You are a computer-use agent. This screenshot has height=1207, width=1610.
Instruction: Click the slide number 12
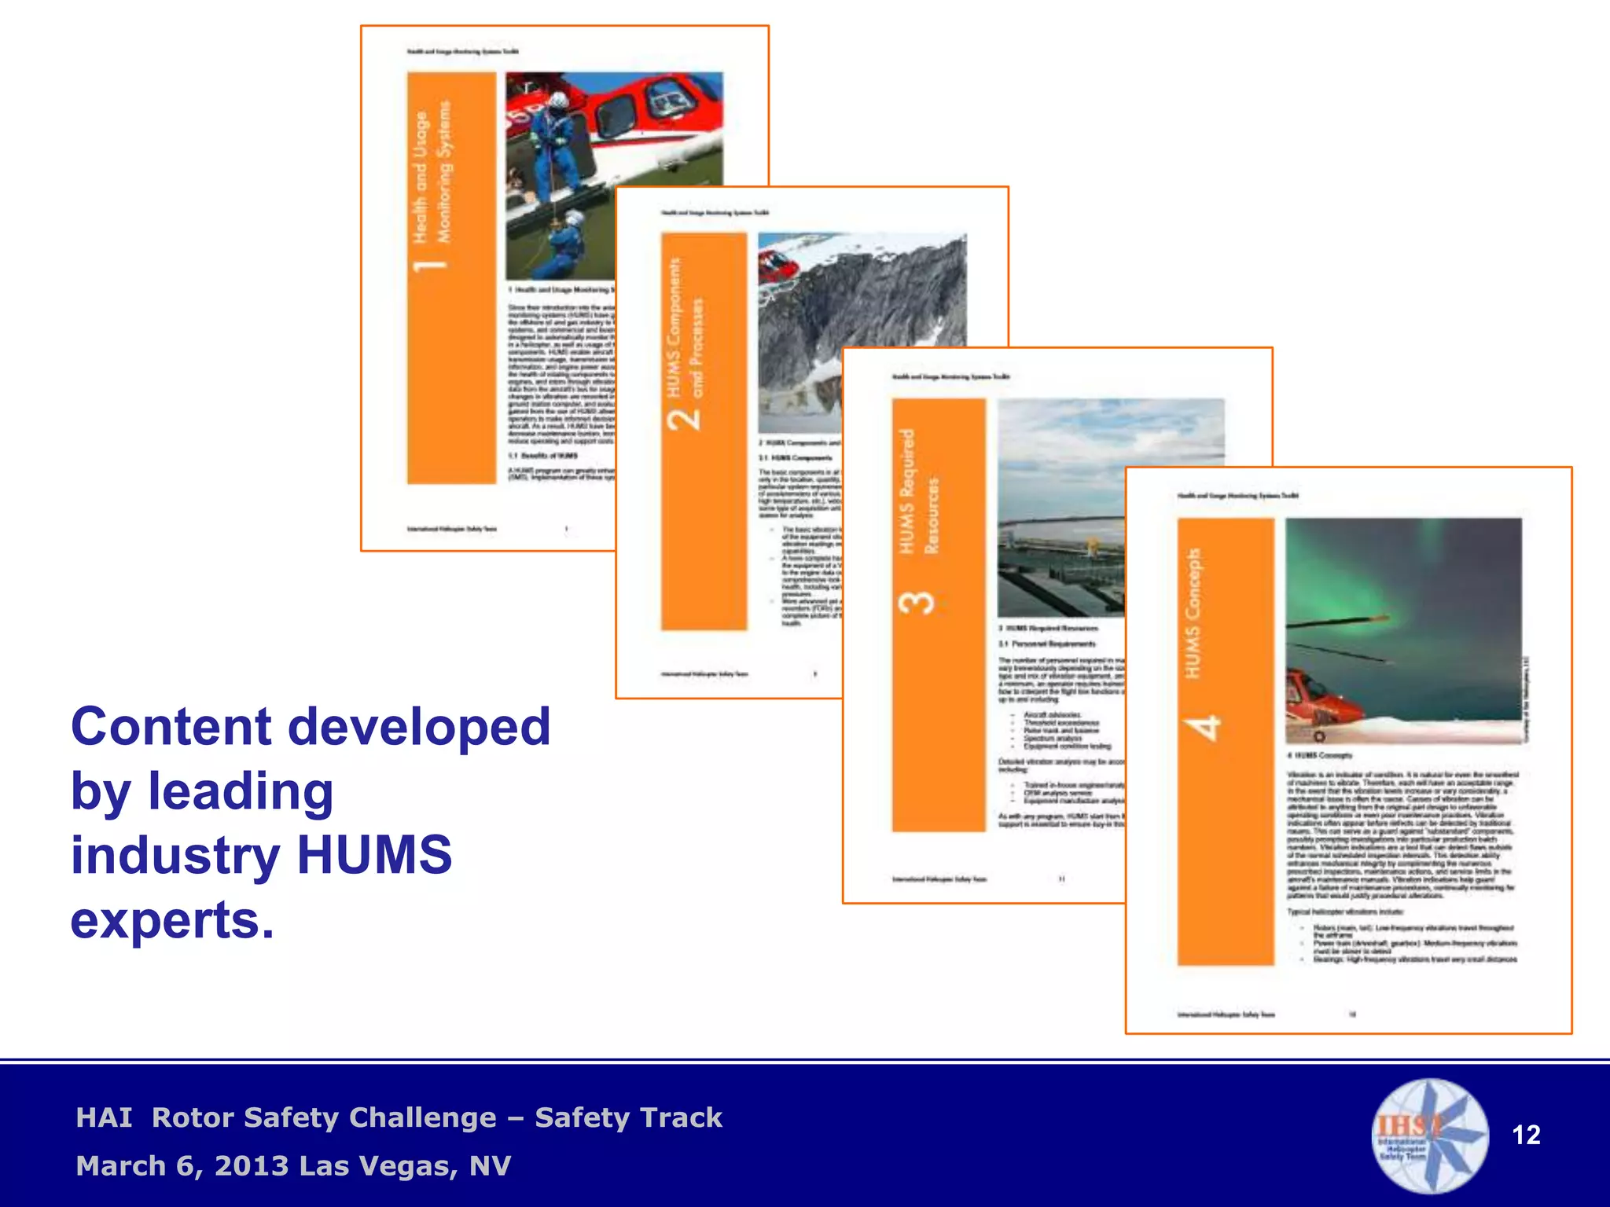1526,1135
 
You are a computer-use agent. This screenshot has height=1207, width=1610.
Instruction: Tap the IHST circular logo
1430,1136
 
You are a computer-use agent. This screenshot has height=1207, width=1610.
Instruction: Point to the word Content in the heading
170,726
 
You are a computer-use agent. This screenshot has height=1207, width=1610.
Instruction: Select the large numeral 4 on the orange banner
1204,728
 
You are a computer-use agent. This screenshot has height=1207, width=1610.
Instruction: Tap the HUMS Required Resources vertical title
918,491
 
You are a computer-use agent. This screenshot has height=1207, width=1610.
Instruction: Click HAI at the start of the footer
104,1117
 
